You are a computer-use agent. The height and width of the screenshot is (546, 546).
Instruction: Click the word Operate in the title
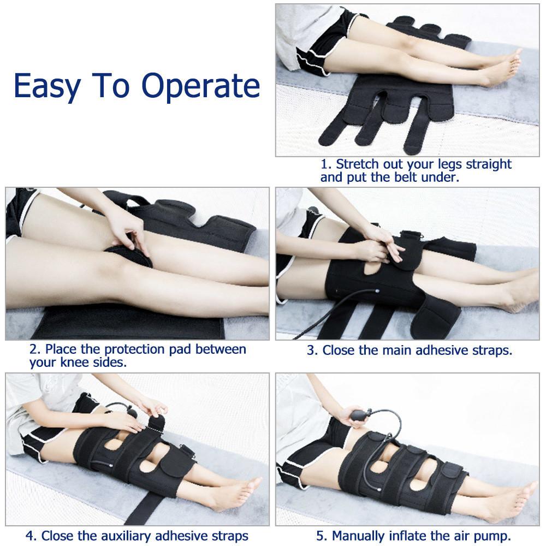tap(200, 86)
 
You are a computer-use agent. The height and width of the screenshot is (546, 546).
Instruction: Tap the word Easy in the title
tap(46, 86)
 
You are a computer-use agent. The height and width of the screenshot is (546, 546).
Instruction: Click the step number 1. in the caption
tap(326, 164)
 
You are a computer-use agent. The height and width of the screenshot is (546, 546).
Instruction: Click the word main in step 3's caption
tap(395, 350)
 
